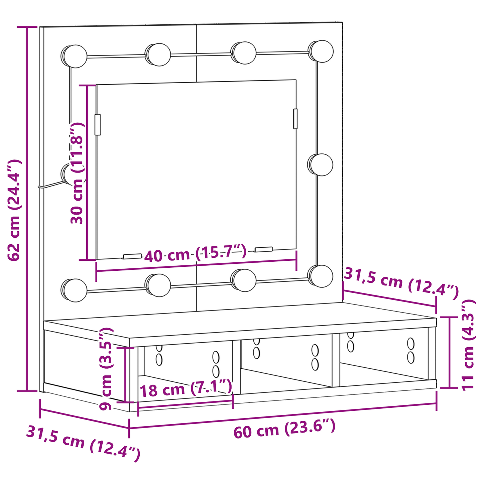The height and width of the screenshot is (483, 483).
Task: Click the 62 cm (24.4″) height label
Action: point(14,210)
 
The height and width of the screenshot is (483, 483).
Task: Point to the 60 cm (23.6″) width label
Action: point(284,429)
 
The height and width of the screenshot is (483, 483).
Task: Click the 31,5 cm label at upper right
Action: point(401,282)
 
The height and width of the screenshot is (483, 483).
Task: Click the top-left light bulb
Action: point(74,56)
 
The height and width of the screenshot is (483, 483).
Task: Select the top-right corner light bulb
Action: point(321,51)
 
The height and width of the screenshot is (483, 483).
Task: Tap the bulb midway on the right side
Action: point(320,164)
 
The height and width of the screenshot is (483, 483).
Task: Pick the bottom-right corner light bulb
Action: point(321,276)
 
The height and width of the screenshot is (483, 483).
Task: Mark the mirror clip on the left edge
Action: point(98,125)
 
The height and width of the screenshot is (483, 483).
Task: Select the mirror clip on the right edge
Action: point(295,119)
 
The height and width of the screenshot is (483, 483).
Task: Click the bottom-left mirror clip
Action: point(132,256)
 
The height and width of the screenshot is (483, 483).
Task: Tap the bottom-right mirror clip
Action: point(264,249)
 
